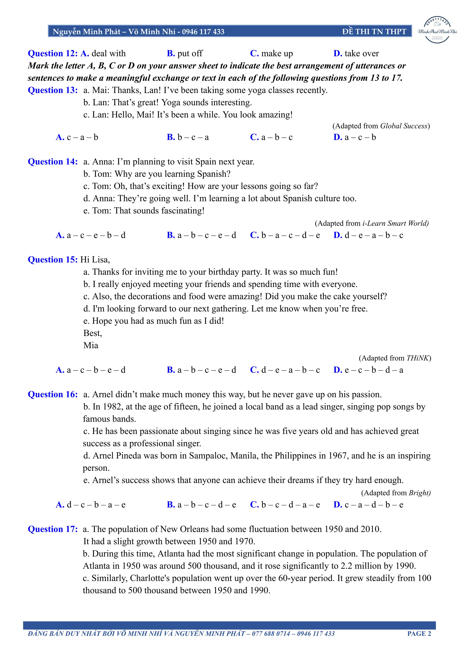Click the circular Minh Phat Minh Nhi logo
[x=437, y=30]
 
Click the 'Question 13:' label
[x=53, y=90]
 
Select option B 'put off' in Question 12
[x=185, y=53]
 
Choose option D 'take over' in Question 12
[x=356, y=53]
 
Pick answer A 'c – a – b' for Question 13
[x=77, y=137]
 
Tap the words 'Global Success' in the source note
[x=404, y=126]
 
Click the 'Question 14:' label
[x=53, y=162]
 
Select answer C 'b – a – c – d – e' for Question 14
[x=285, y=235]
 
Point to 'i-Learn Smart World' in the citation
[x=395, y=223]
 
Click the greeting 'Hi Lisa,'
[x=95, y=260]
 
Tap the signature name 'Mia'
[x=91, y=345]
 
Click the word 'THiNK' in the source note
[x=418, y=358]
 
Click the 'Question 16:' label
[x=53, y=394]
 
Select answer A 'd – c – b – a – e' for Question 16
[x=91, y=504]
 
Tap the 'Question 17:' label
[x=53, y=529]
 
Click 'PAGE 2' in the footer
[x=419, y=634]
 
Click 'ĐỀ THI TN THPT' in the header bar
[x=374, y=31]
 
